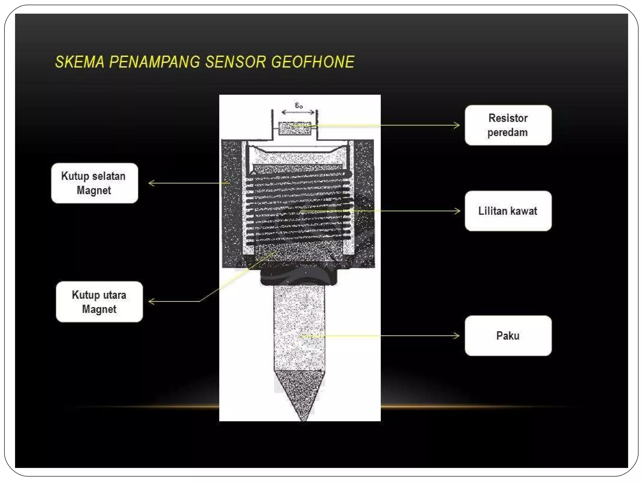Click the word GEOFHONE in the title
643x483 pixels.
coord(313,62)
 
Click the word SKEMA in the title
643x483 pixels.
coord(79,62)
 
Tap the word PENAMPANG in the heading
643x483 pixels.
coord(154,62)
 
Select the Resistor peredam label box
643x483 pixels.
coord(508,125)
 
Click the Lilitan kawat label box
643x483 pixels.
coord(508,211)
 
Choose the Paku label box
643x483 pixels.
coord(508,336)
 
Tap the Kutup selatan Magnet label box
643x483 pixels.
coord(94,183)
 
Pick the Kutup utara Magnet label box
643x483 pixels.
coord(99,302)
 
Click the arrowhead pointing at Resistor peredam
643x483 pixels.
coord(458,125)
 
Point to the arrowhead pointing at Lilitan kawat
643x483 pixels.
coord(458,211)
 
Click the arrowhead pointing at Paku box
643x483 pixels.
coord(457,336)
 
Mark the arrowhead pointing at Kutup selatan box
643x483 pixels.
coord(151,183)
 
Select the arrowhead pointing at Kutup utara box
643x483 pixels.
coord(151,302)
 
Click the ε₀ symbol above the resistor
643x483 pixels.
coord(299,105)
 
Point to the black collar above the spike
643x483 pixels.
coord(298,277)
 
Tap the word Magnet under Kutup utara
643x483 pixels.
coord(99,309)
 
